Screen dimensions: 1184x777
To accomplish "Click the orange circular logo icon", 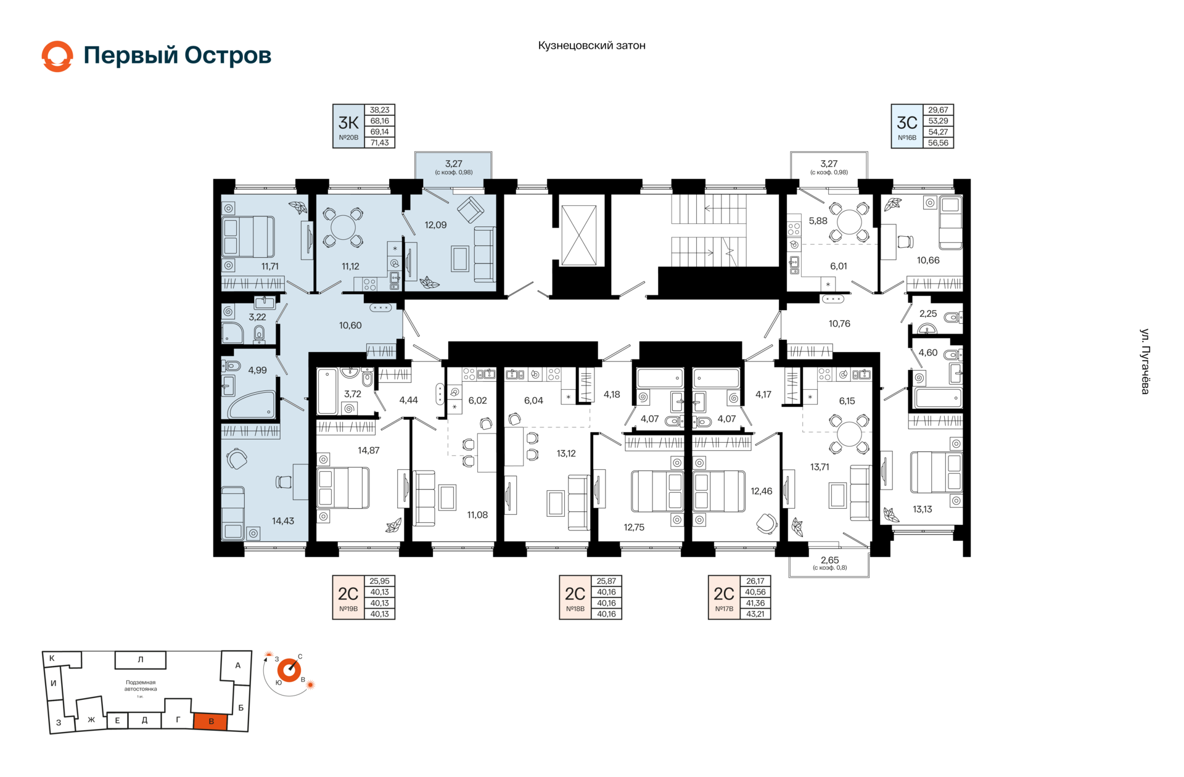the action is [x=57, y=56].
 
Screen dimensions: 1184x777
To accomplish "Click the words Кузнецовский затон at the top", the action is [x=591, y=46].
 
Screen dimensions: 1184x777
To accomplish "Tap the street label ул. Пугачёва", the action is [x=1145, y=361].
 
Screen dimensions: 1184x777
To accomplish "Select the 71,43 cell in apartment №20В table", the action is [x=379, y=143].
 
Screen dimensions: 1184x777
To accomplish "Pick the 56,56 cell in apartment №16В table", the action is [x=938, y=143].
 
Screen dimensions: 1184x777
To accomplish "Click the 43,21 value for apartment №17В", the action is [x=755, y=614].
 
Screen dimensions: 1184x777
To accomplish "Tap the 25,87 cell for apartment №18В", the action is [x=606, y=581].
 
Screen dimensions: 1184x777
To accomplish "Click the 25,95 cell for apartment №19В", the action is [x=379, y=581].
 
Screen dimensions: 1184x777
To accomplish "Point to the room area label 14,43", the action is [x=283, y=521].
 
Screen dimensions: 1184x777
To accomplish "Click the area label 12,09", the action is [x=435, y=225].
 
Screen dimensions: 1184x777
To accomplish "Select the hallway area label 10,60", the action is [x=350, y=326].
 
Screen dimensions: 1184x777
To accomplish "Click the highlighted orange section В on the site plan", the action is [x=211, y=721].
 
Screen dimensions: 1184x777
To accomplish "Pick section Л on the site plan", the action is [x=141, y=660].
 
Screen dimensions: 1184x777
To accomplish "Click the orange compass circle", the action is [x=289, y=670].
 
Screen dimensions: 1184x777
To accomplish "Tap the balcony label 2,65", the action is [x=829, y=561].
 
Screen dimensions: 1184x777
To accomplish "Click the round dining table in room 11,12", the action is [x=343, y=228].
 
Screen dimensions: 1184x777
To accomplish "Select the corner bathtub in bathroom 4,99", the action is [x=252, y=405].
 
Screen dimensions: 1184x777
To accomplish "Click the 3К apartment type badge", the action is [x=348, y=126].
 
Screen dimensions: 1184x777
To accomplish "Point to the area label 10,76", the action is [x=839, y=324].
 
